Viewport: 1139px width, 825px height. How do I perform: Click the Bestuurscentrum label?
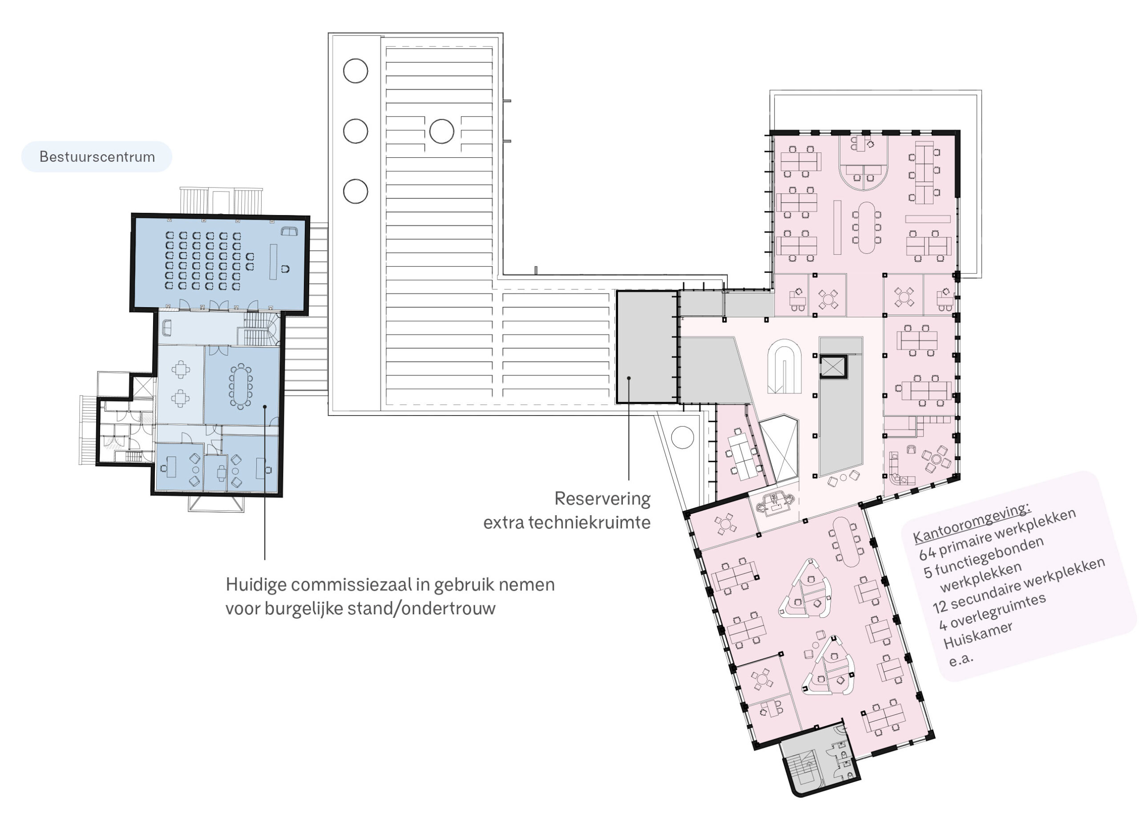click(x=97, y=156)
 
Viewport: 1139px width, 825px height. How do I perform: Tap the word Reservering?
click(x=602, y=499)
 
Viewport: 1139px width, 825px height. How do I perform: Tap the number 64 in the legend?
click(x=928, y=553)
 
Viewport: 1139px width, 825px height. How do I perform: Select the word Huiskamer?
click(x=978, y=636)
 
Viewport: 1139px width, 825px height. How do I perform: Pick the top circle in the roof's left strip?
click(x=355, y=71)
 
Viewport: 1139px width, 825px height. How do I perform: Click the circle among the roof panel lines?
click(x=442, y=131)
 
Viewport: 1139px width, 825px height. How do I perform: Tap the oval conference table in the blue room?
click(x=241, y=386)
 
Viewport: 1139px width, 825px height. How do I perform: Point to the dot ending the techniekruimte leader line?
click(x=629, y=378)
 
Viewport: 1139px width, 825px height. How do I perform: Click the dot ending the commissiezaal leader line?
click(x=265, y=407)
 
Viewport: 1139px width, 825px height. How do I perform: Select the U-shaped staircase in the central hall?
click(x=784, y=366)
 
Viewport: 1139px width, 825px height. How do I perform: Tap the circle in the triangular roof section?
click(x=683, y=437)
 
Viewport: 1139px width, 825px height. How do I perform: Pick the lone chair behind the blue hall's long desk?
click(x=285, y=268)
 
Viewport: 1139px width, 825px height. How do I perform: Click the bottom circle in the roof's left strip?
click(x=355, y=191)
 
